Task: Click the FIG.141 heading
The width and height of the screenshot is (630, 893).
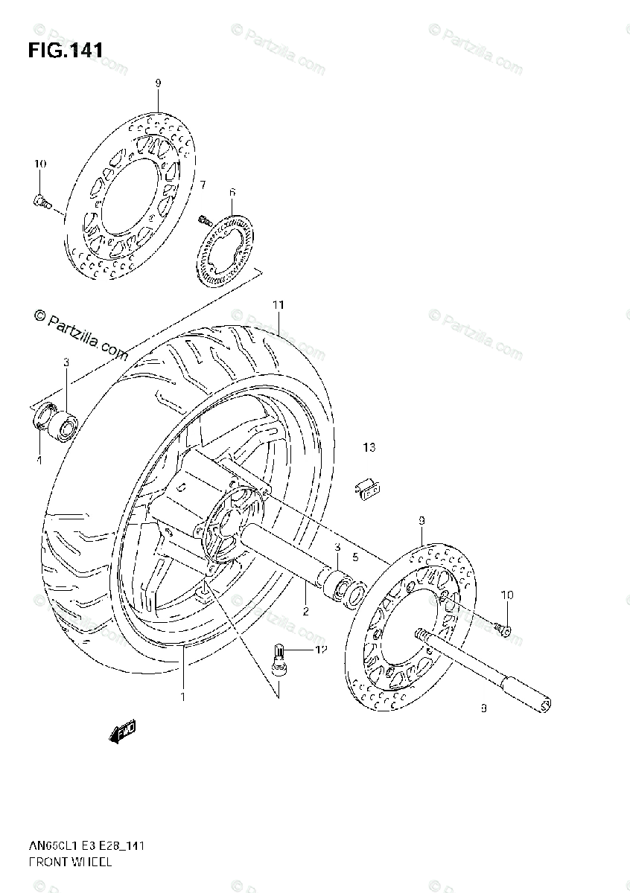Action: (66, 51)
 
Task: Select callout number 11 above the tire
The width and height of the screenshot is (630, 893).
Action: (278, 305)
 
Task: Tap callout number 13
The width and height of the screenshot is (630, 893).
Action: (369, 447)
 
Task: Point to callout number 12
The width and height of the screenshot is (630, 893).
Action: (321, 650)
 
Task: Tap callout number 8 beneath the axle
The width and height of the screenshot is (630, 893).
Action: (483, 709)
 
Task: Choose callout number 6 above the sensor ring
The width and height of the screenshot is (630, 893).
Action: (232, 192)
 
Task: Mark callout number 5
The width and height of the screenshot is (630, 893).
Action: (356, 556)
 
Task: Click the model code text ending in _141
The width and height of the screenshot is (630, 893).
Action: (86, 845)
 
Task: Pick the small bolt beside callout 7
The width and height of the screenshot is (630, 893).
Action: (203, 220)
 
